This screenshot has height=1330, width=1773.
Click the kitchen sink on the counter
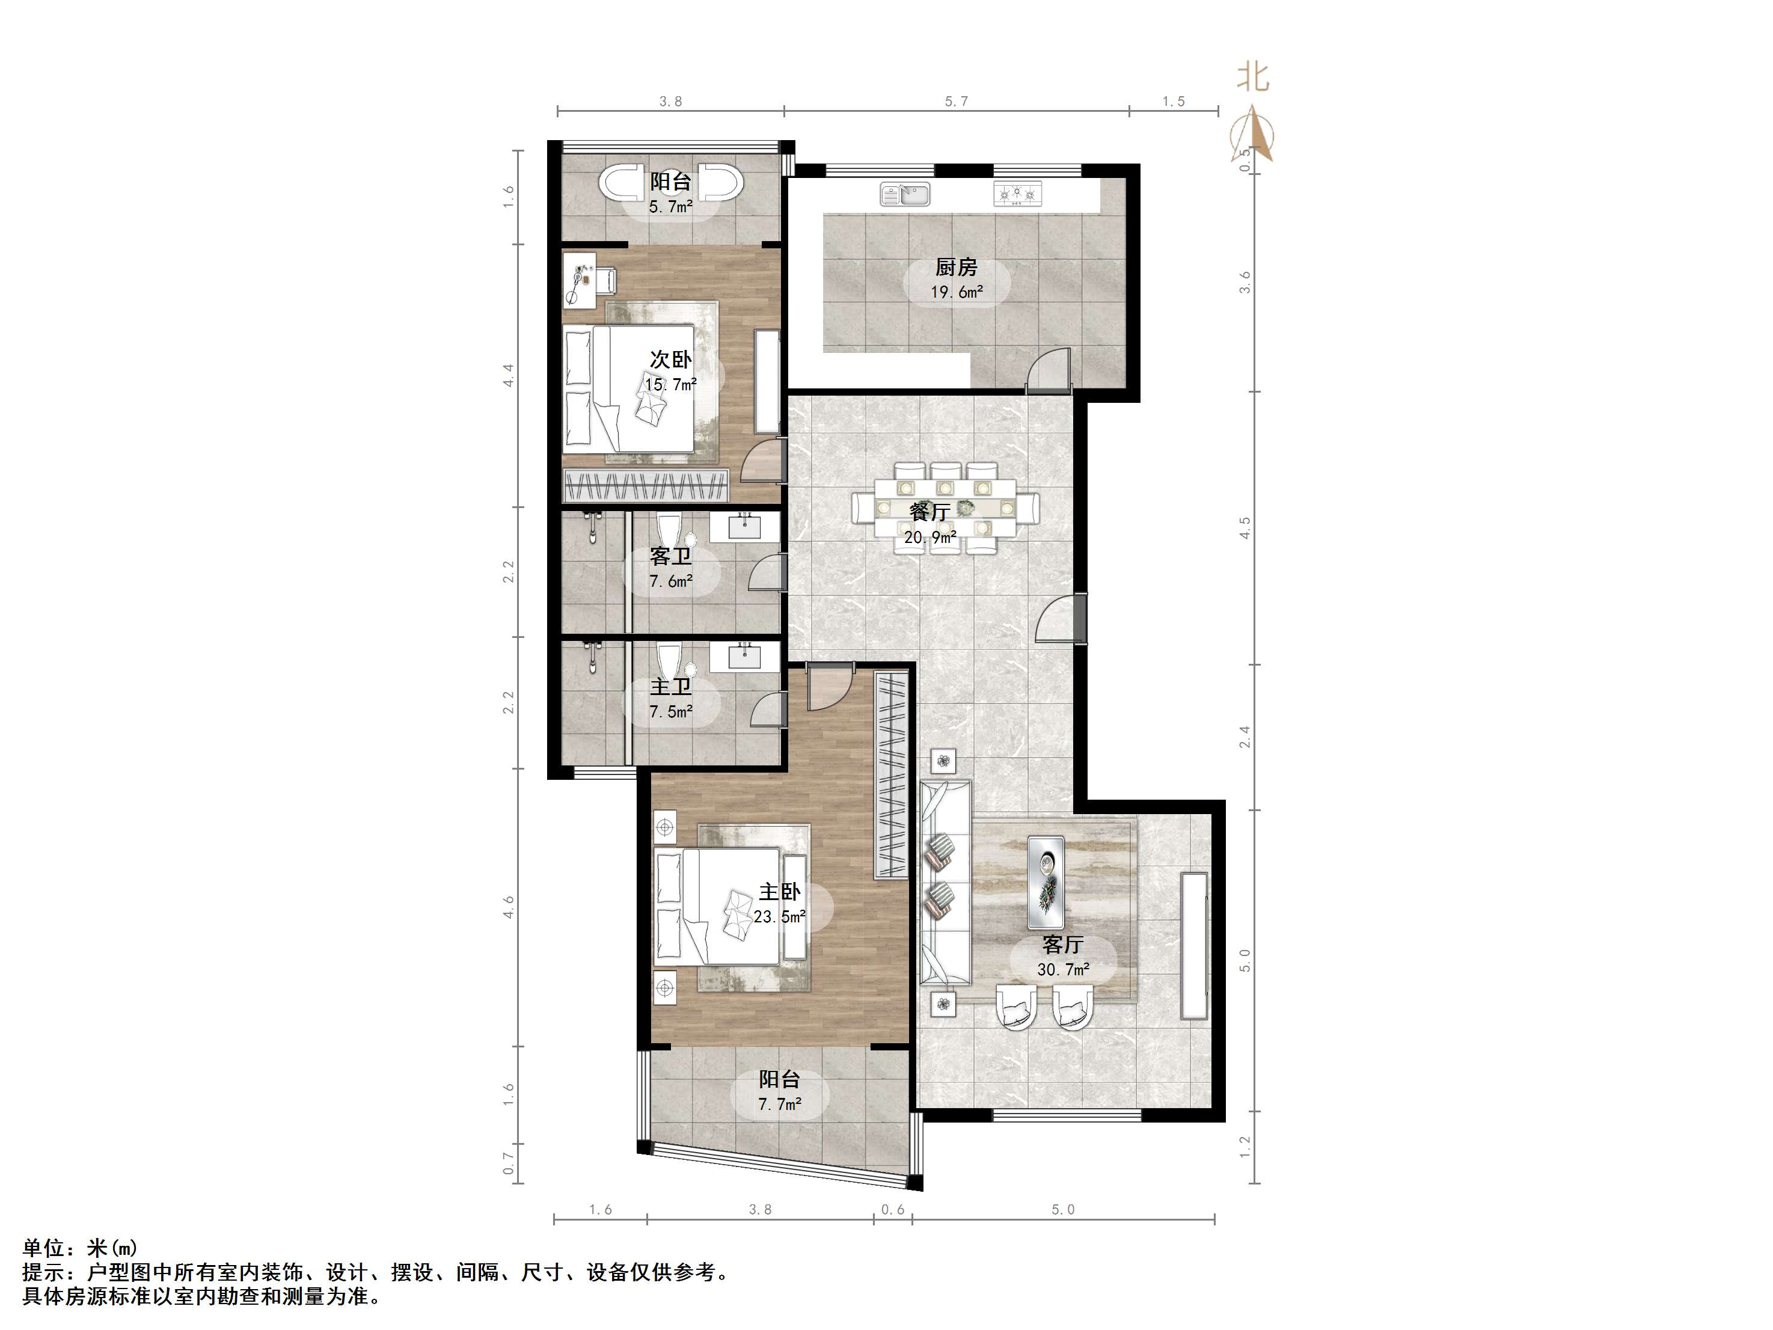(x=905, y=194)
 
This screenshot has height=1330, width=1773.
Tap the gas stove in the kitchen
(x=1018, y=194)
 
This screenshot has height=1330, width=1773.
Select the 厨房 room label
(x=956, y=267)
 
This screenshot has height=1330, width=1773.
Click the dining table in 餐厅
(x=946, y=507)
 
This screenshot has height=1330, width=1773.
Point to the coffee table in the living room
(x=1046, y=882)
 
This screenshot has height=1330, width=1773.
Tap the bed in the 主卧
(x=718, y=906)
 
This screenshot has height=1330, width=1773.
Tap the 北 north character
(x=1253, y=78)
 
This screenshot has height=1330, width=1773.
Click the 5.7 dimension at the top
(x=956, y=102)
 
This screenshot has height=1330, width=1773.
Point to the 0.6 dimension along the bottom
(x=893, y=1210)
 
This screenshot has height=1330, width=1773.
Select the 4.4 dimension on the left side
(x=508, y=375)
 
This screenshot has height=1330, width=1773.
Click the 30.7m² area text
(x=1063, y=970)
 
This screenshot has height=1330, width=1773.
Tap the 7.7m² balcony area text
(x=780, y=1105)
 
